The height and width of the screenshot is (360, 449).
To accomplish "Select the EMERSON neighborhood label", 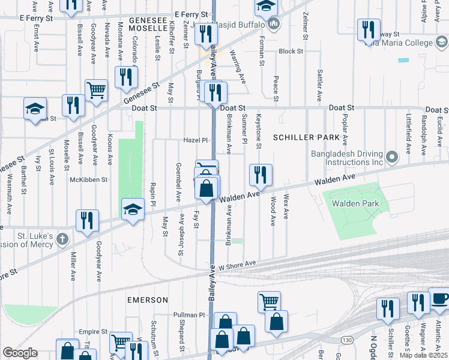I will (147, 299).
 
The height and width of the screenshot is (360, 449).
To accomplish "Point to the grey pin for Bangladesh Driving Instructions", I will (393, 157).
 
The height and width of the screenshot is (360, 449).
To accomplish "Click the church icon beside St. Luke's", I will (61, 239).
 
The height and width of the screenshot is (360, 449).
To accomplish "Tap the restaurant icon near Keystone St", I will (261, 175).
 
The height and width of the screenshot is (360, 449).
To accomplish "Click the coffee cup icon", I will (438, 298).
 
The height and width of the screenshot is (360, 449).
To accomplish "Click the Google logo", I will (20, 353).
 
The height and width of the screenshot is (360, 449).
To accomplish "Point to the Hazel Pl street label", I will (195, 140).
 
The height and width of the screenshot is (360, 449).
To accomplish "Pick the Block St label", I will (291, 52).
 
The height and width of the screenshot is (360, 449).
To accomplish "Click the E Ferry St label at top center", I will (191, 14).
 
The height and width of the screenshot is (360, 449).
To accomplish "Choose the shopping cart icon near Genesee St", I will (96, 90).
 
